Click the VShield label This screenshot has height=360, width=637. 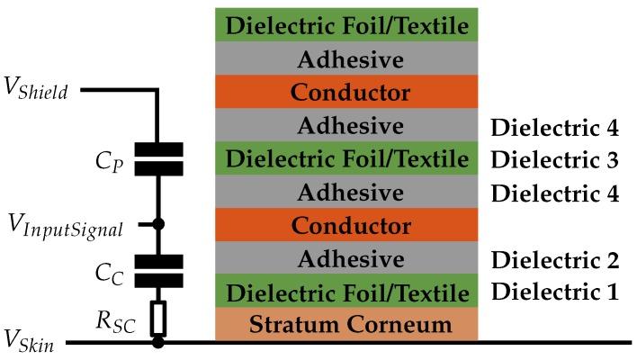[x=38, y=91]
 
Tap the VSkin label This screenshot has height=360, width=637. [x=29, y=343]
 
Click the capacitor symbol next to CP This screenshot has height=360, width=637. [x=158, y=158]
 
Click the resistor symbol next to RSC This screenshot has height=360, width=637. [x=158, y=316]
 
